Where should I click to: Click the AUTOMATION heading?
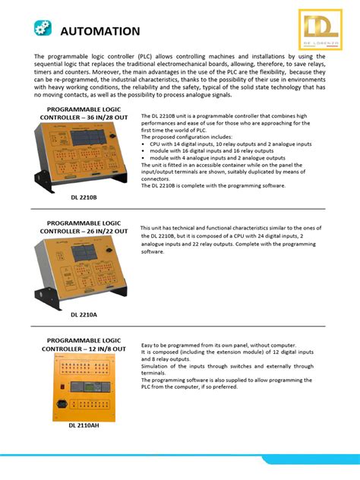99,31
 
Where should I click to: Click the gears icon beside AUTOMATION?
43,29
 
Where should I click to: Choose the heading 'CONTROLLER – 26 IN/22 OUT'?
84,230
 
